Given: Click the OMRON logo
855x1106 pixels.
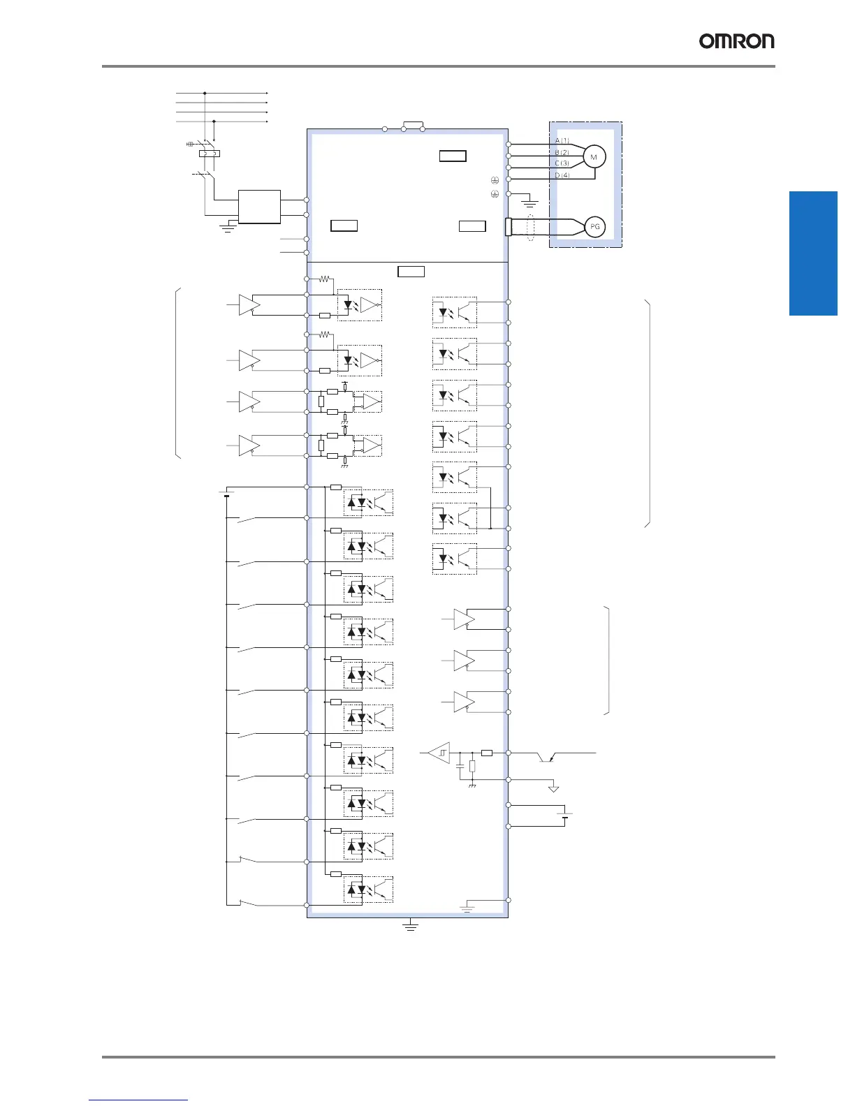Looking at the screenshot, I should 736,41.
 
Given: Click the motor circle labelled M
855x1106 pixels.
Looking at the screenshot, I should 594,157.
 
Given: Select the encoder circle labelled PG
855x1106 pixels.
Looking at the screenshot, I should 594,227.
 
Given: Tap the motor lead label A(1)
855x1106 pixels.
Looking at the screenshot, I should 562,141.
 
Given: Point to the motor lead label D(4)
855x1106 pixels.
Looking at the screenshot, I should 562,175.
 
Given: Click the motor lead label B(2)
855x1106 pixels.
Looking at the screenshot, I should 562,152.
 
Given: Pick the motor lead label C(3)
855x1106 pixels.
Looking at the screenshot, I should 562,163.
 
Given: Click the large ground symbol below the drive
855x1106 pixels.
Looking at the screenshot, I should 411,926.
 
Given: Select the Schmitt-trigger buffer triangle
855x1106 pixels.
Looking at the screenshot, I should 439,753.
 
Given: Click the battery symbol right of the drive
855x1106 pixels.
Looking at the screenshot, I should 567,816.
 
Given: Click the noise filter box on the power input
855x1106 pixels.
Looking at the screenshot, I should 259,207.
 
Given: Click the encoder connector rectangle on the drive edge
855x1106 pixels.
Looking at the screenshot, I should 508,227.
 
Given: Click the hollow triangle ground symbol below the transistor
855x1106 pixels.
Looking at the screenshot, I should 553,788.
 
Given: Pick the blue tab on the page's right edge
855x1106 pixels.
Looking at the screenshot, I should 813,253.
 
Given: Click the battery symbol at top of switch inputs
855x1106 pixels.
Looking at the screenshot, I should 226,495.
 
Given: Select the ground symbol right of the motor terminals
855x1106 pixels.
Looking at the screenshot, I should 530,204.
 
